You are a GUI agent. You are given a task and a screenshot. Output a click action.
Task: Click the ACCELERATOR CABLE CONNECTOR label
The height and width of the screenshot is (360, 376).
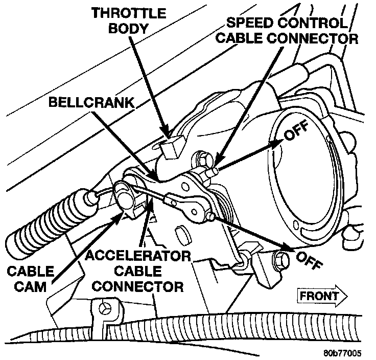click(x=138, y=271)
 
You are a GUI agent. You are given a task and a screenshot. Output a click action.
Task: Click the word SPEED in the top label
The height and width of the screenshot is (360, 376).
click(x=249, y=23)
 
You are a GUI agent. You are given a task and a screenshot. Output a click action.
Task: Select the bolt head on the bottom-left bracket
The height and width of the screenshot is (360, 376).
click(x=105, y=309)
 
